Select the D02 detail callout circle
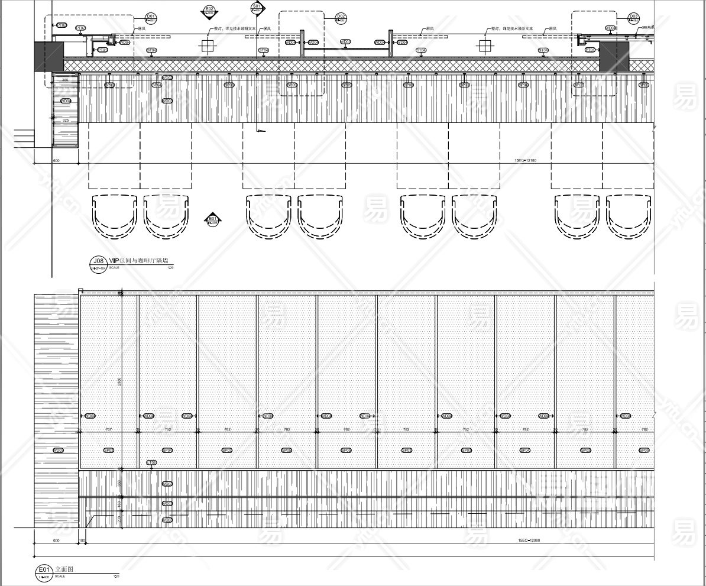tap(341, 18)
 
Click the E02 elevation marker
tap(209, 10)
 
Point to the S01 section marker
tap(257, 8)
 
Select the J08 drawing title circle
tap(98, 262)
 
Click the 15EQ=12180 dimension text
tap(526, 160)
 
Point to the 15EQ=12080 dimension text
tap(526, 540)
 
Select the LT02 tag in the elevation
tap(151, 462)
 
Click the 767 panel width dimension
tap(108, 429)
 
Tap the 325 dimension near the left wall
tap(65, 120)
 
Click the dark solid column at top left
tap(49, 56)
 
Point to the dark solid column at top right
tap(614, 56)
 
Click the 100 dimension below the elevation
tap(82, 540)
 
